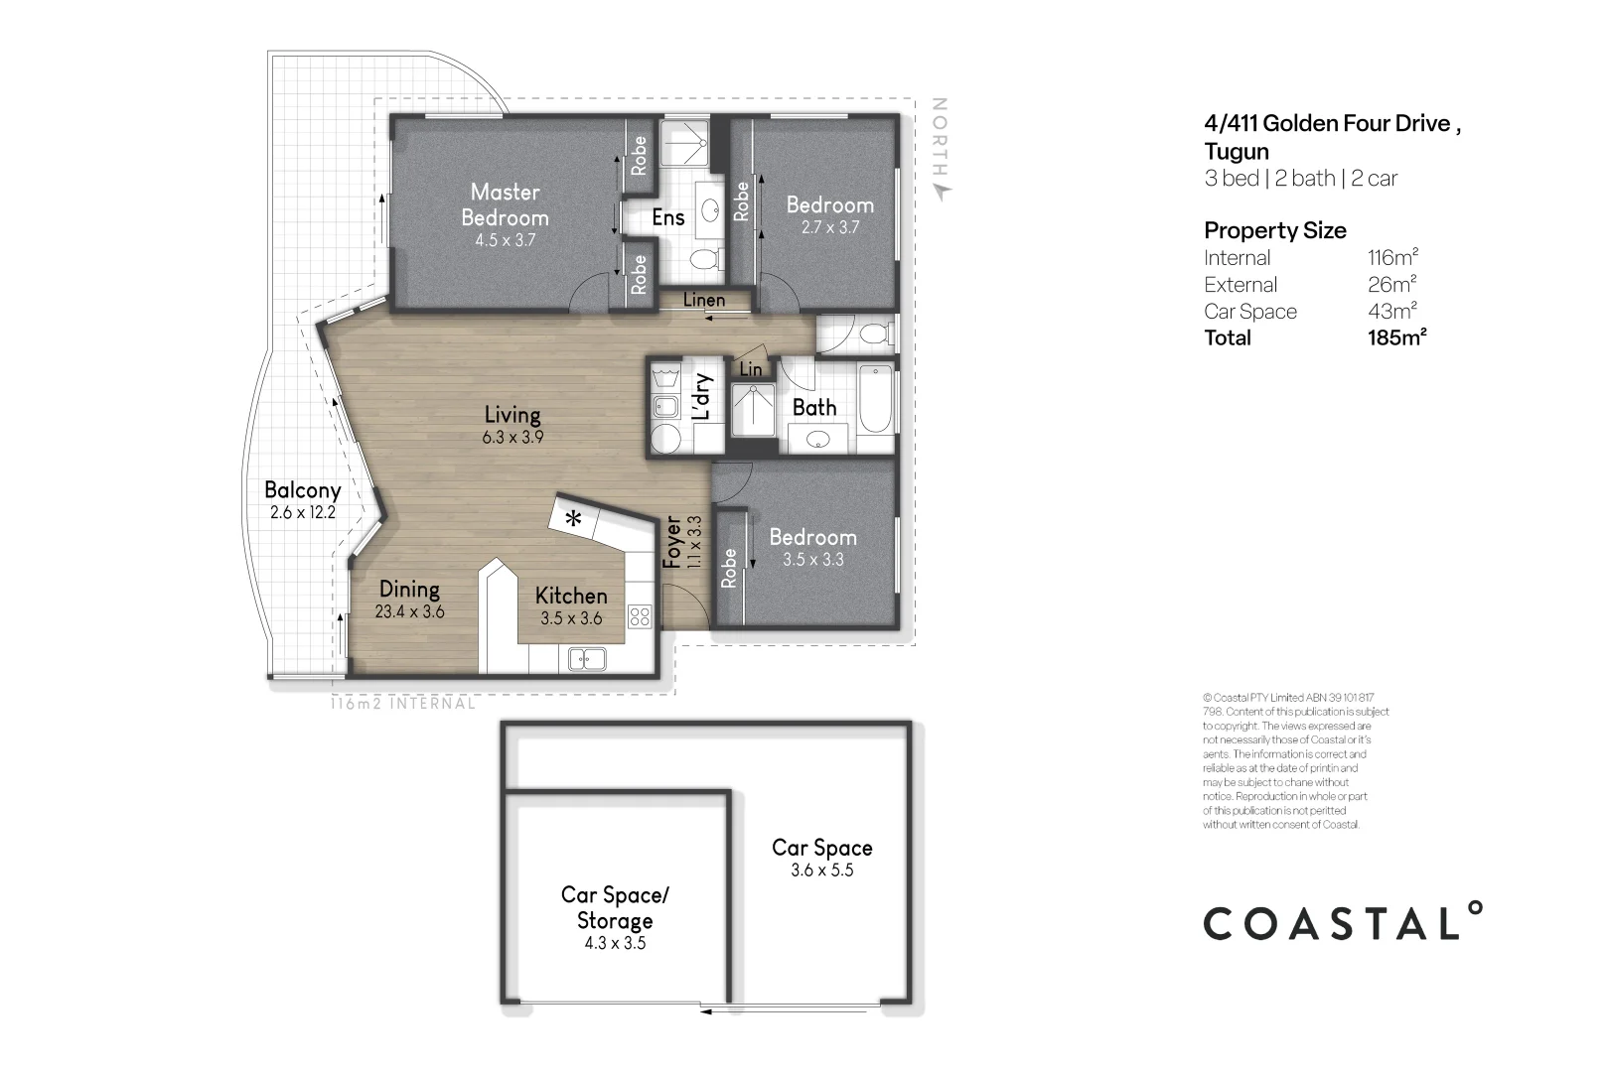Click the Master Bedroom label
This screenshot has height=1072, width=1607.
click(505, 204)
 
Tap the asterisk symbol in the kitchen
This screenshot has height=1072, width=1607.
click(574, 519)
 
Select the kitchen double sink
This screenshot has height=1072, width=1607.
click(586, 657)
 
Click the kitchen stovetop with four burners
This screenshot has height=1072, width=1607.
click(640, 617)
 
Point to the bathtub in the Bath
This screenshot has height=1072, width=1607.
click(876, 399)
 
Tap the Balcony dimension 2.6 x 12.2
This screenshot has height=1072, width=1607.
click(303, 513)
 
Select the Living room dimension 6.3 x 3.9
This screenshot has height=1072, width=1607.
click(512, 437)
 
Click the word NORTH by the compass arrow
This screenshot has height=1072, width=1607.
click(940, 135)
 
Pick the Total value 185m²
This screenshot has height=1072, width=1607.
click(1396, 338)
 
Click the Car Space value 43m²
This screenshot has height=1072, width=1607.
click(1391, 312)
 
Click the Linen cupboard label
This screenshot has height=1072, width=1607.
click(704, 300)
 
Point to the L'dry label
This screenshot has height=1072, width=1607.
click(701, 397)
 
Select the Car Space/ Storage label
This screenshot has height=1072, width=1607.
click(615, 907)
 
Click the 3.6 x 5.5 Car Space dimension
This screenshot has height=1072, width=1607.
click(821, 871)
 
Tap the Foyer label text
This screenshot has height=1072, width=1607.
click(672, 542)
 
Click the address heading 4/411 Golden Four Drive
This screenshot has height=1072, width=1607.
click(1331, 124)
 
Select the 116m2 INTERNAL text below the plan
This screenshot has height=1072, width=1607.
click(402, 704)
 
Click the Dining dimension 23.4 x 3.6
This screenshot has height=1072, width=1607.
click(409, 612)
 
